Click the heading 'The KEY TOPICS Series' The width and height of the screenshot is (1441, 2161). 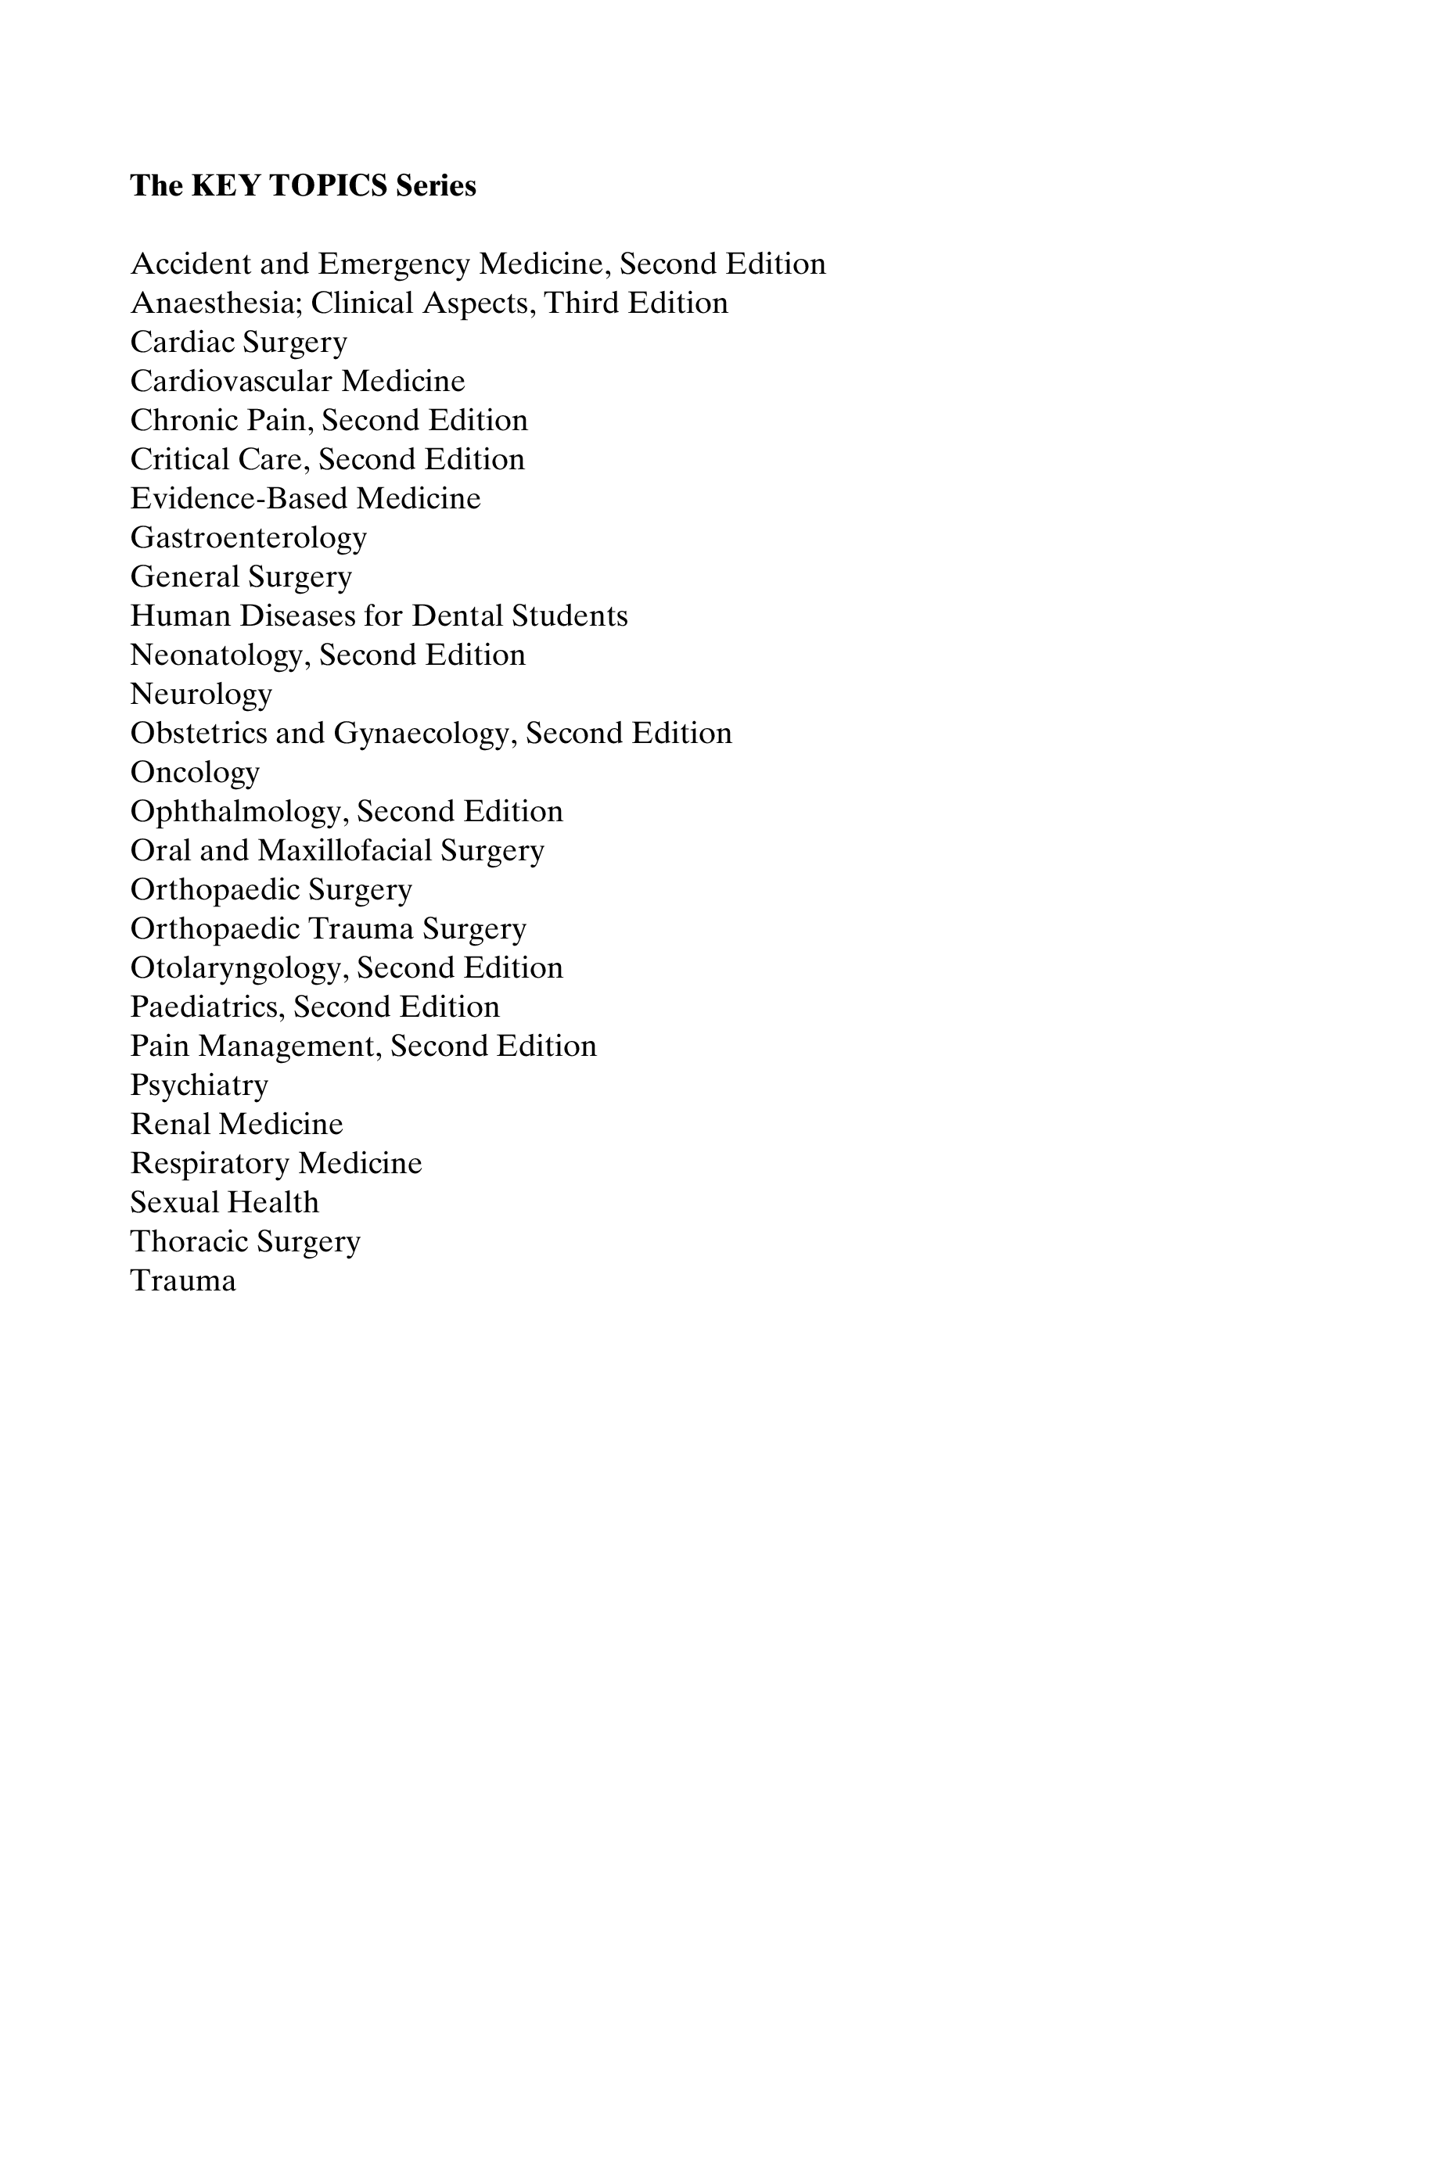[x=304, y=185]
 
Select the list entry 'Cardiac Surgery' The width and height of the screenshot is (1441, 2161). [x=239, y=343]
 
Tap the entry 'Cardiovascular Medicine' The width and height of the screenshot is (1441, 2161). [x=298, y=382]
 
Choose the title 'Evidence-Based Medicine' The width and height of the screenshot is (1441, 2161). [x=305, y=499]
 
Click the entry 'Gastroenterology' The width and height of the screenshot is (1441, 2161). [x=248, y=538]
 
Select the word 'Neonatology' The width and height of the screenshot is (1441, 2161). [x=220, y=656]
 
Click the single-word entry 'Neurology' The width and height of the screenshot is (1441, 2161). [x=201, y=695]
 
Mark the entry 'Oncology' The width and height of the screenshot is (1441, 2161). [x=195, y=773]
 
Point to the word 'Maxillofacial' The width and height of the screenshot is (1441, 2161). [x=345, y=851]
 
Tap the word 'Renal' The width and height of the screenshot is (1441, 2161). [x=172, y=1125]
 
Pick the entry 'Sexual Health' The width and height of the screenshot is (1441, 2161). [x=225, y=1203]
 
